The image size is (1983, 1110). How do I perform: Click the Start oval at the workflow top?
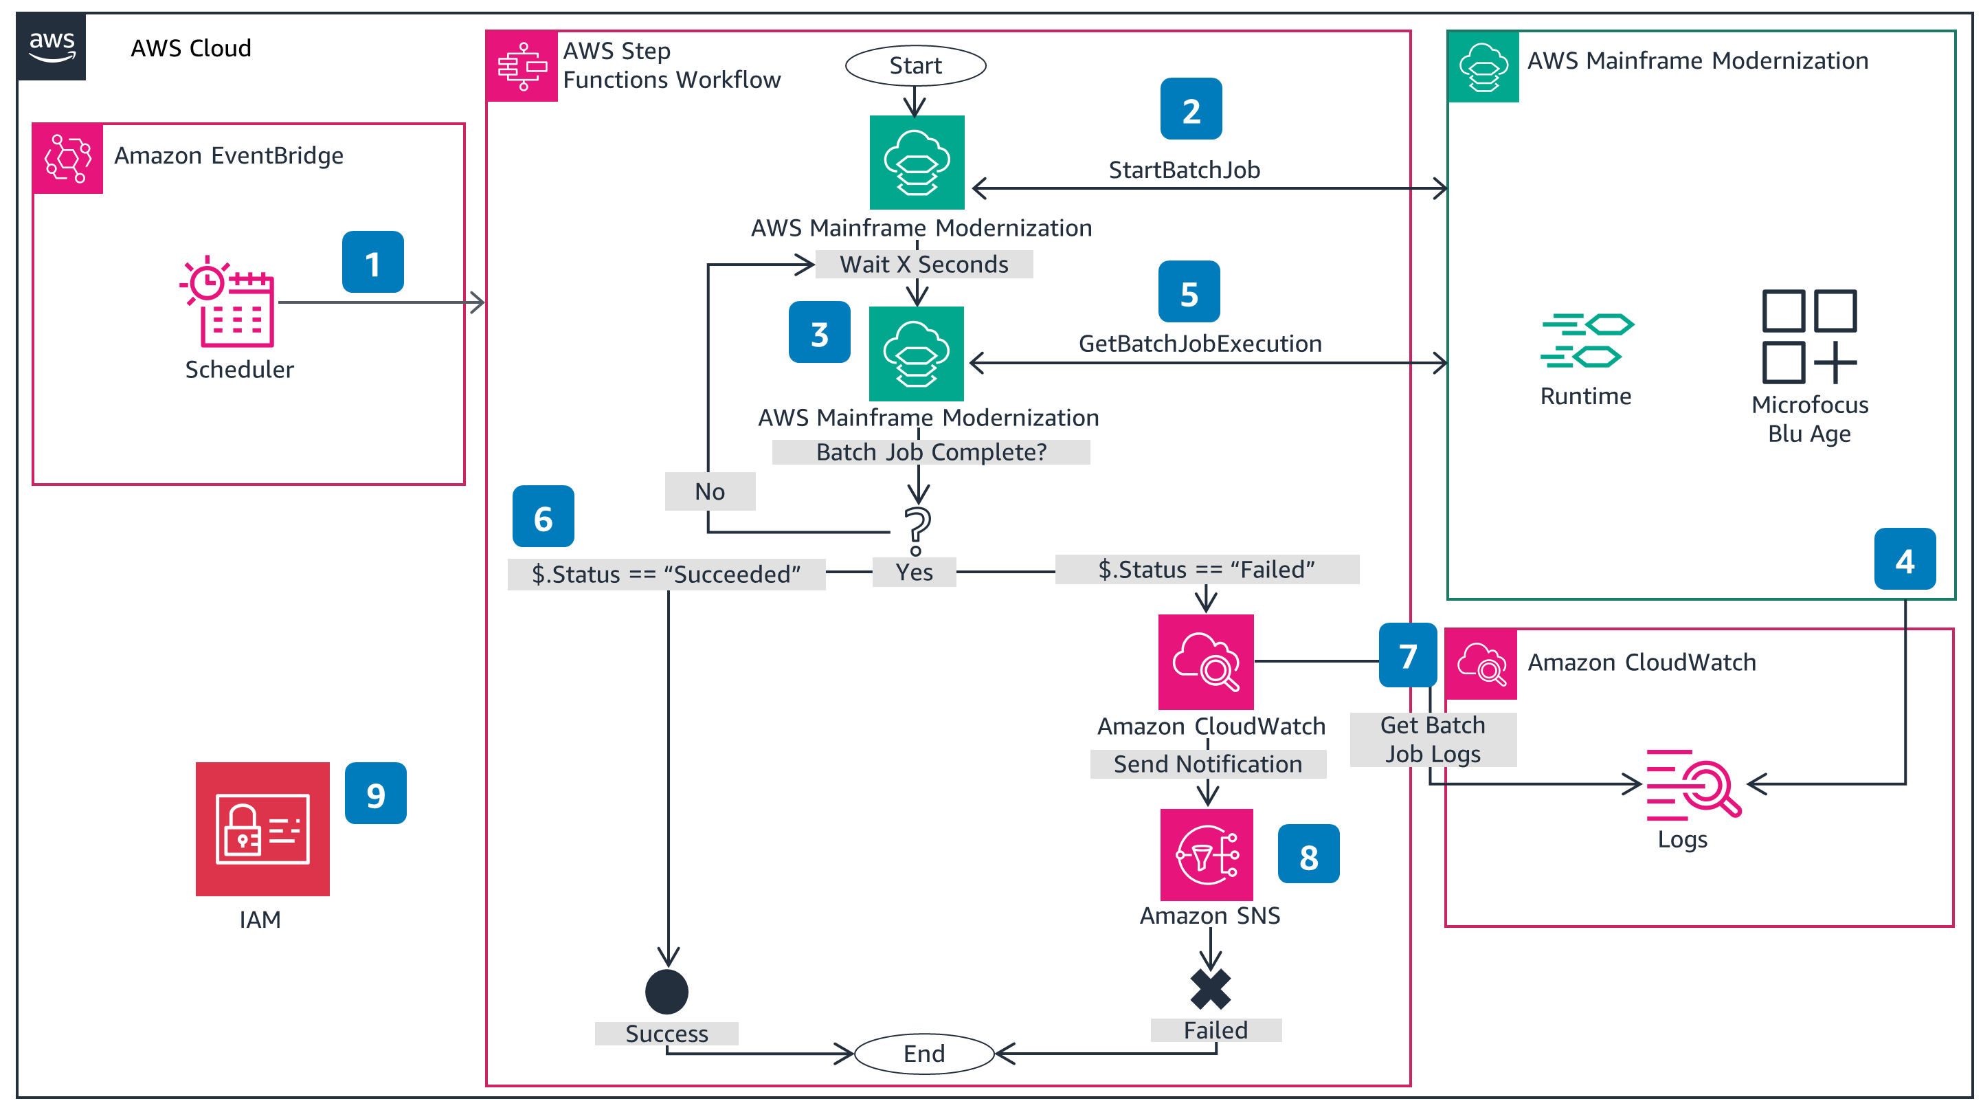point(915,65)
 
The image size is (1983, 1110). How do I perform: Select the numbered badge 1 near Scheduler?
point(372,262)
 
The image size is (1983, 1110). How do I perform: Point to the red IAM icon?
point(262,828)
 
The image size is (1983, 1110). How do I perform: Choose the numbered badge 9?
point(376,794)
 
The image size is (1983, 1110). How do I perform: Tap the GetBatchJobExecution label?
point(1199,344)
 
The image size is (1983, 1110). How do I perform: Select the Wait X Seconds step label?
point(923,264)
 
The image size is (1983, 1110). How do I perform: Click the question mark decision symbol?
point(917,530)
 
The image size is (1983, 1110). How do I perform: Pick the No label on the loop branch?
point(710,491)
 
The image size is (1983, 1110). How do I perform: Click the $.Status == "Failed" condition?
point(1207,570)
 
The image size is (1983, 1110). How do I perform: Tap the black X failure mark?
point(1210,989)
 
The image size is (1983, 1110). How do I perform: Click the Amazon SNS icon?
point(1207,854)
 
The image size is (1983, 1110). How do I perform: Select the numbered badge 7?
point(1408,655)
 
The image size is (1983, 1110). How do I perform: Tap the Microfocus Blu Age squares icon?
point(1809,335)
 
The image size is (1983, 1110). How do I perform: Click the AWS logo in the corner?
point(52,45)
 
